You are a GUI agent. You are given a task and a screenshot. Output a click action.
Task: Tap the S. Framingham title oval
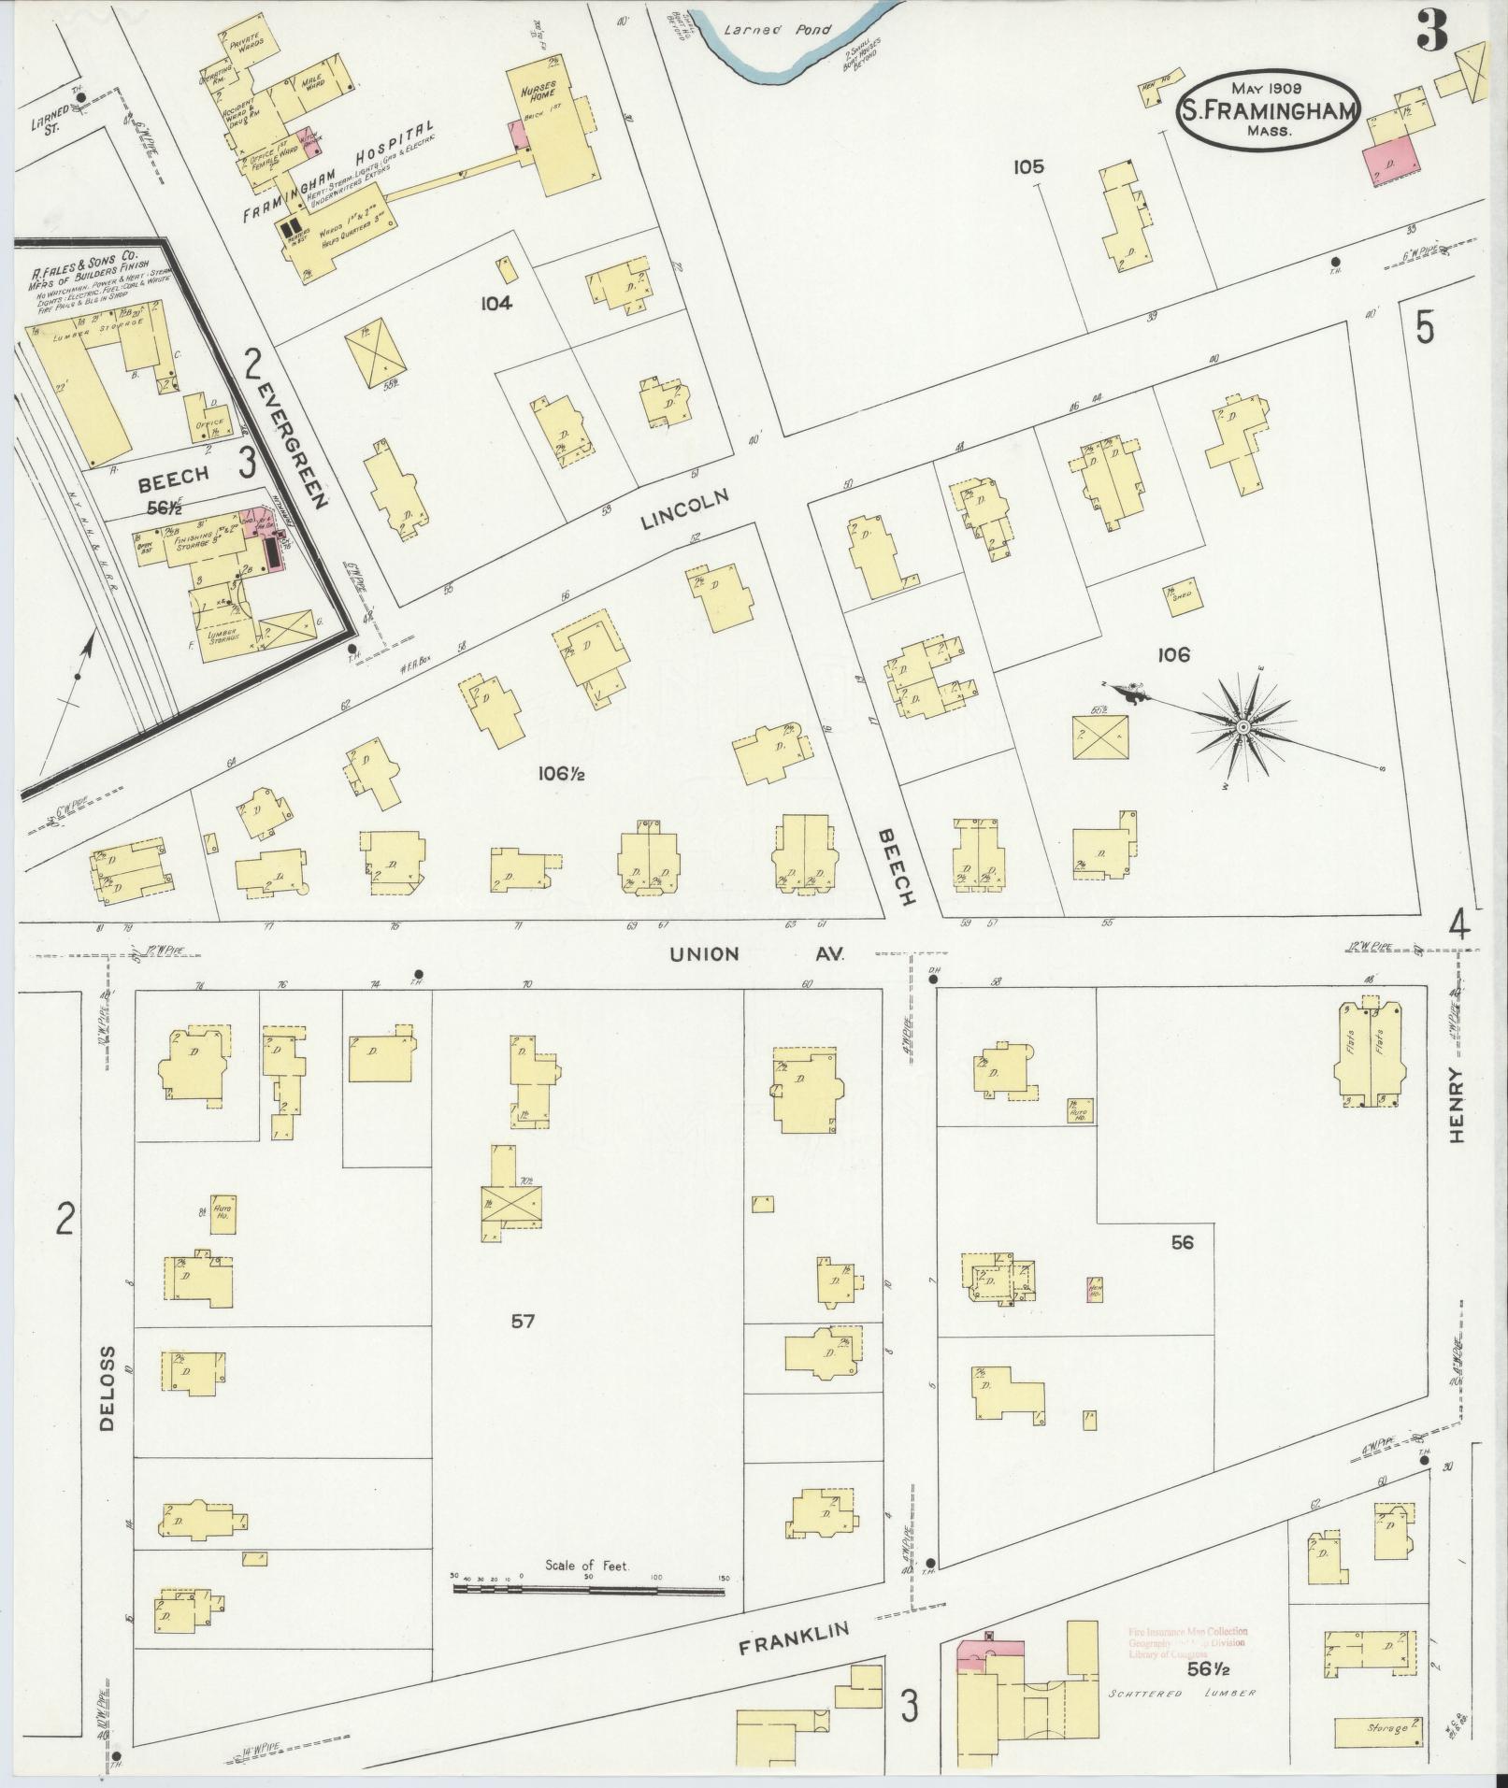tap(1268, 110)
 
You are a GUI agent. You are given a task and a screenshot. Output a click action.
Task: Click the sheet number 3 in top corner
tap(1431, 31)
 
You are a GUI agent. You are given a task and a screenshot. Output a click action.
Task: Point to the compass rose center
tap(1243, 727)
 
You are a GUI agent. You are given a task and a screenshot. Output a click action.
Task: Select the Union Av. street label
tap(757, 954)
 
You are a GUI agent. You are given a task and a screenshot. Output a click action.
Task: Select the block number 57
tap(523, 1321)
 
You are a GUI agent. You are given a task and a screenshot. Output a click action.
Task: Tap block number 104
tap(496, 302)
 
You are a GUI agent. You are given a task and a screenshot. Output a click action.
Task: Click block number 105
tap(1027, 167)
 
